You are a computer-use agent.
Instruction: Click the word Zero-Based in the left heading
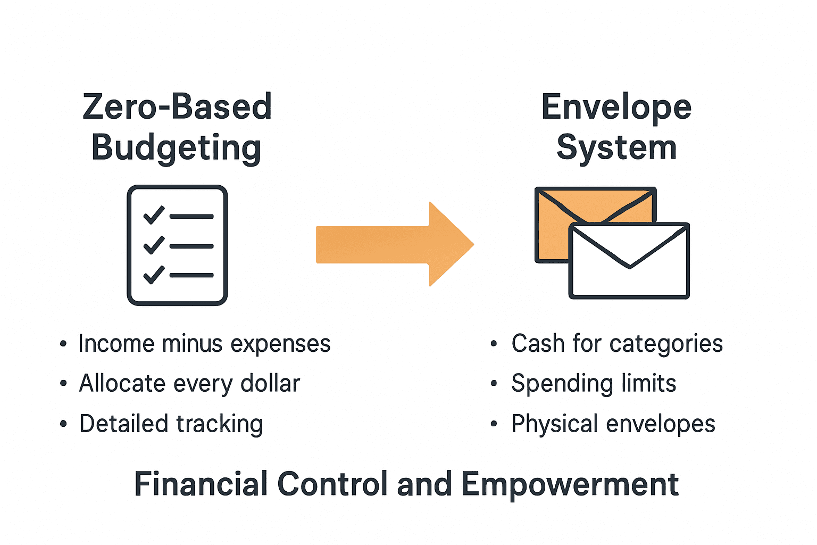coord(177,106)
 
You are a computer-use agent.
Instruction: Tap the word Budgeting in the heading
coord(176,148)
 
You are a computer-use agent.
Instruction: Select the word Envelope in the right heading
coord(616,108)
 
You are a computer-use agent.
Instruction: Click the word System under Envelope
coord(616,147)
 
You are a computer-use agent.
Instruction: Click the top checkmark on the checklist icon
coord(154,215)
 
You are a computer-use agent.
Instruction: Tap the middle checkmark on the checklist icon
coord(154,245)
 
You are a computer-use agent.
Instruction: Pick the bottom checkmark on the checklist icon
coord(154,275)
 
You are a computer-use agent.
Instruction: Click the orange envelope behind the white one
coord(553,234)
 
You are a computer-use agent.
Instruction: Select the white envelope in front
coord(629,277)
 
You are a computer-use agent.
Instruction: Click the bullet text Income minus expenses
coord(204,344)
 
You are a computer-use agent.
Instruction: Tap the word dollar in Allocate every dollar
coord(270,384)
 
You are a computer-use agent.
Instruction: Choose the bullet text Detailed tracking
coord(171,424)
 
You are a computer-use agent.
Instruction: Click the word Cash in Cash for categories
coord(538,344)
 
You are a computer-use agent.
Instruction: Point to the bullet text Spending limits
coord(594,384)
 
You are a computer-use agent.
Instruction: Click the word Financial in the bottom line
coord(201,484)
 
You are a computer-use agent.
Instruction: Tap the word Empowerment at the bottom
coord(570,484)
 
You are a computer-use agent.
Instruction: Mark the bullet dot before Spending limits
coord(494,384)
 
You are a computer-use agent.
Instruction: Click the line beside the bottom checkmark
coord(191,275)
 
